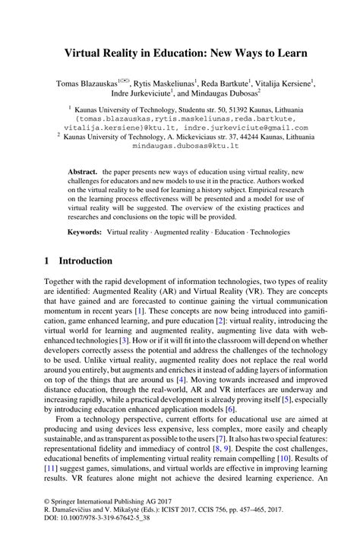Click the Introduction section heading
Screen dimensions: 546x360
tap(84, 260)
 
